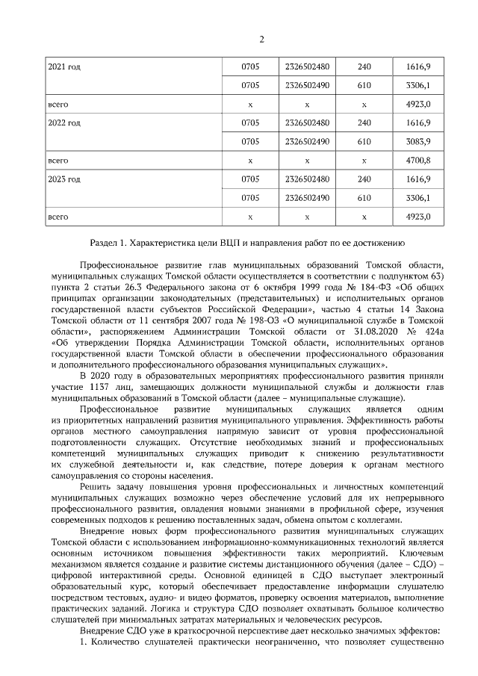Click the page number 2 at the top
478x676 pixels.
click(x=261, y=40)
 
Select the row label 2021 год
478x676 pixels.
click(x=64, y=67)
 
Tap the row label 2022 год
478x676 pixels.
click(x=64, y=123)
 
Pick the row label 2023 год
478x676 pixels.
click(x=64, y=179)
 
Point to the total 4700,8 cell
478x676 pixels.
click(x=418, y=161)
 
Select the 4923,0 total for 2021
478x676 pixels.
click(x=418, y=105)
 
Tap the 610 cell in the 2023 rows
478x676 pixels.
click(x=364, y=198)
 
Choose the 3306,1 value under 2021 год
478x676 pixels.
click(x=418, y=86)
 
